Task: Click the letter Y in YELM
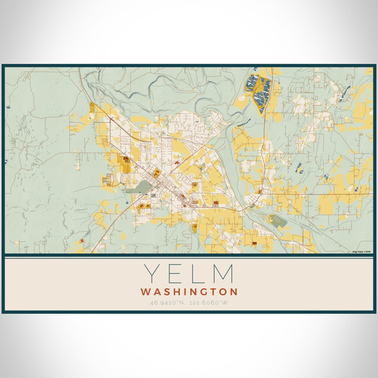tap(151, 274)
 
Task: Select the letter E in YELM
tap(176, 274)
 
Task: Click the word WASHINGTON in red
tap(189, 292)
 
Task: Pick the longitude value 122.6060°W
tap(209, 303)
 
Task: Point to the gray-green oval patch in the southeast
tap(278, 221)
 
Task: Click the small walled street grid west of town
tap(106, 180)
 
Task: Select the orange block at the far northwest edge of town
tap(93, 107)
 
